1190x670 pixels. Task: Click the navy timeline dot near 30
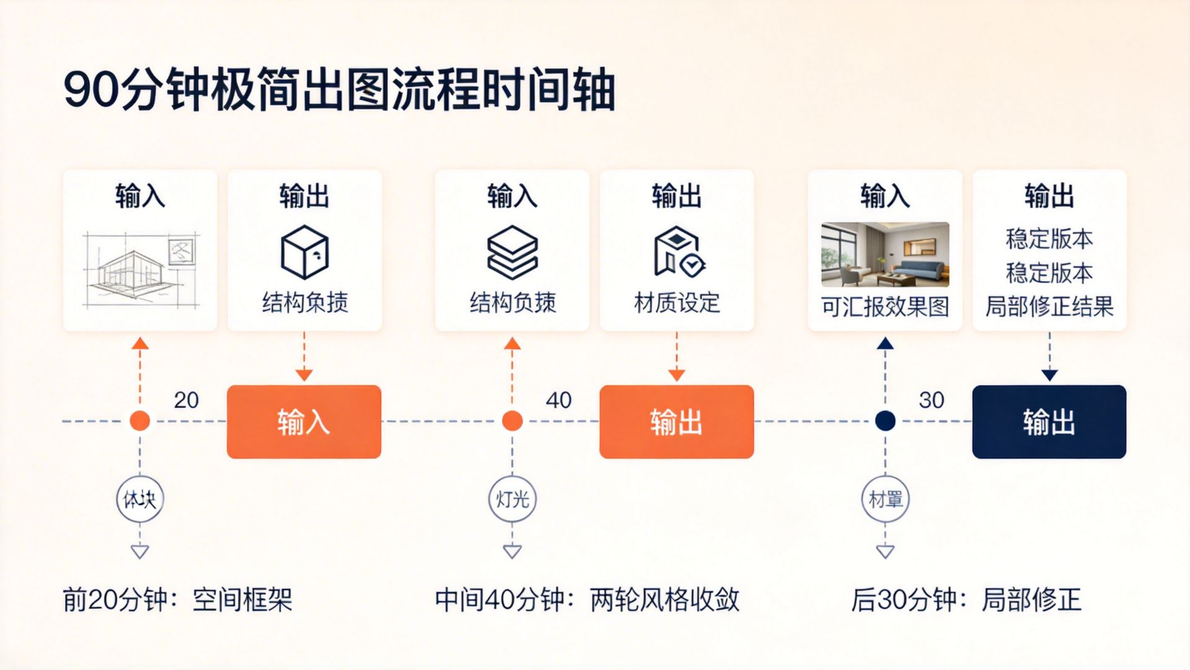885,421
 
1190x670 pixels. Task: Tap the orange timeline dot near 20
140,421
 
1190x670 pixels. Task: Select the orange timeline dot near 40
512,421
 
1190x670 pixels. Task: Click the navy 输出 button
1049,422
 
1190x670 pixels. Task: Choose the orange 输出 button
676,422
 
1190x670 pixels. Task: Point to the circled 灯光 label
512,499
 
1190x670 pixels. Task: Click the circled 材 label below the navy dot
885,499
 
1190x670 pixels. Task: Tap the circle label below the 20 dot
140,499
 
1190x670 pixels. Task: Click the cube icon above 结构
304,252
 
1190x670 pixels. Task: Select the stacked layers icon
512,252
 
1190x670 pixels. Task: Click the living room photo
885,254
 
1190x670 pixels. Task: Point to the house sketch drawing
141,270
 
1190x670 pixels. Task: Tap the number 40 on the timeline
558,400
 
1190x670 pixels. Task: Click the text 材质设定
677,303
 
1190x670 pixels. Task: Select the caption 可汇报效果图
885,306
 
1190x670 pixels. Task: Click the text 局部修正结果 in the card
1049,306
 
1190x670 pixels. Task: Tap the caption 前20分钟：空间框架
177,600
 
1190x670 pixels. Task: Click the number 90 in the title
90,90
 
